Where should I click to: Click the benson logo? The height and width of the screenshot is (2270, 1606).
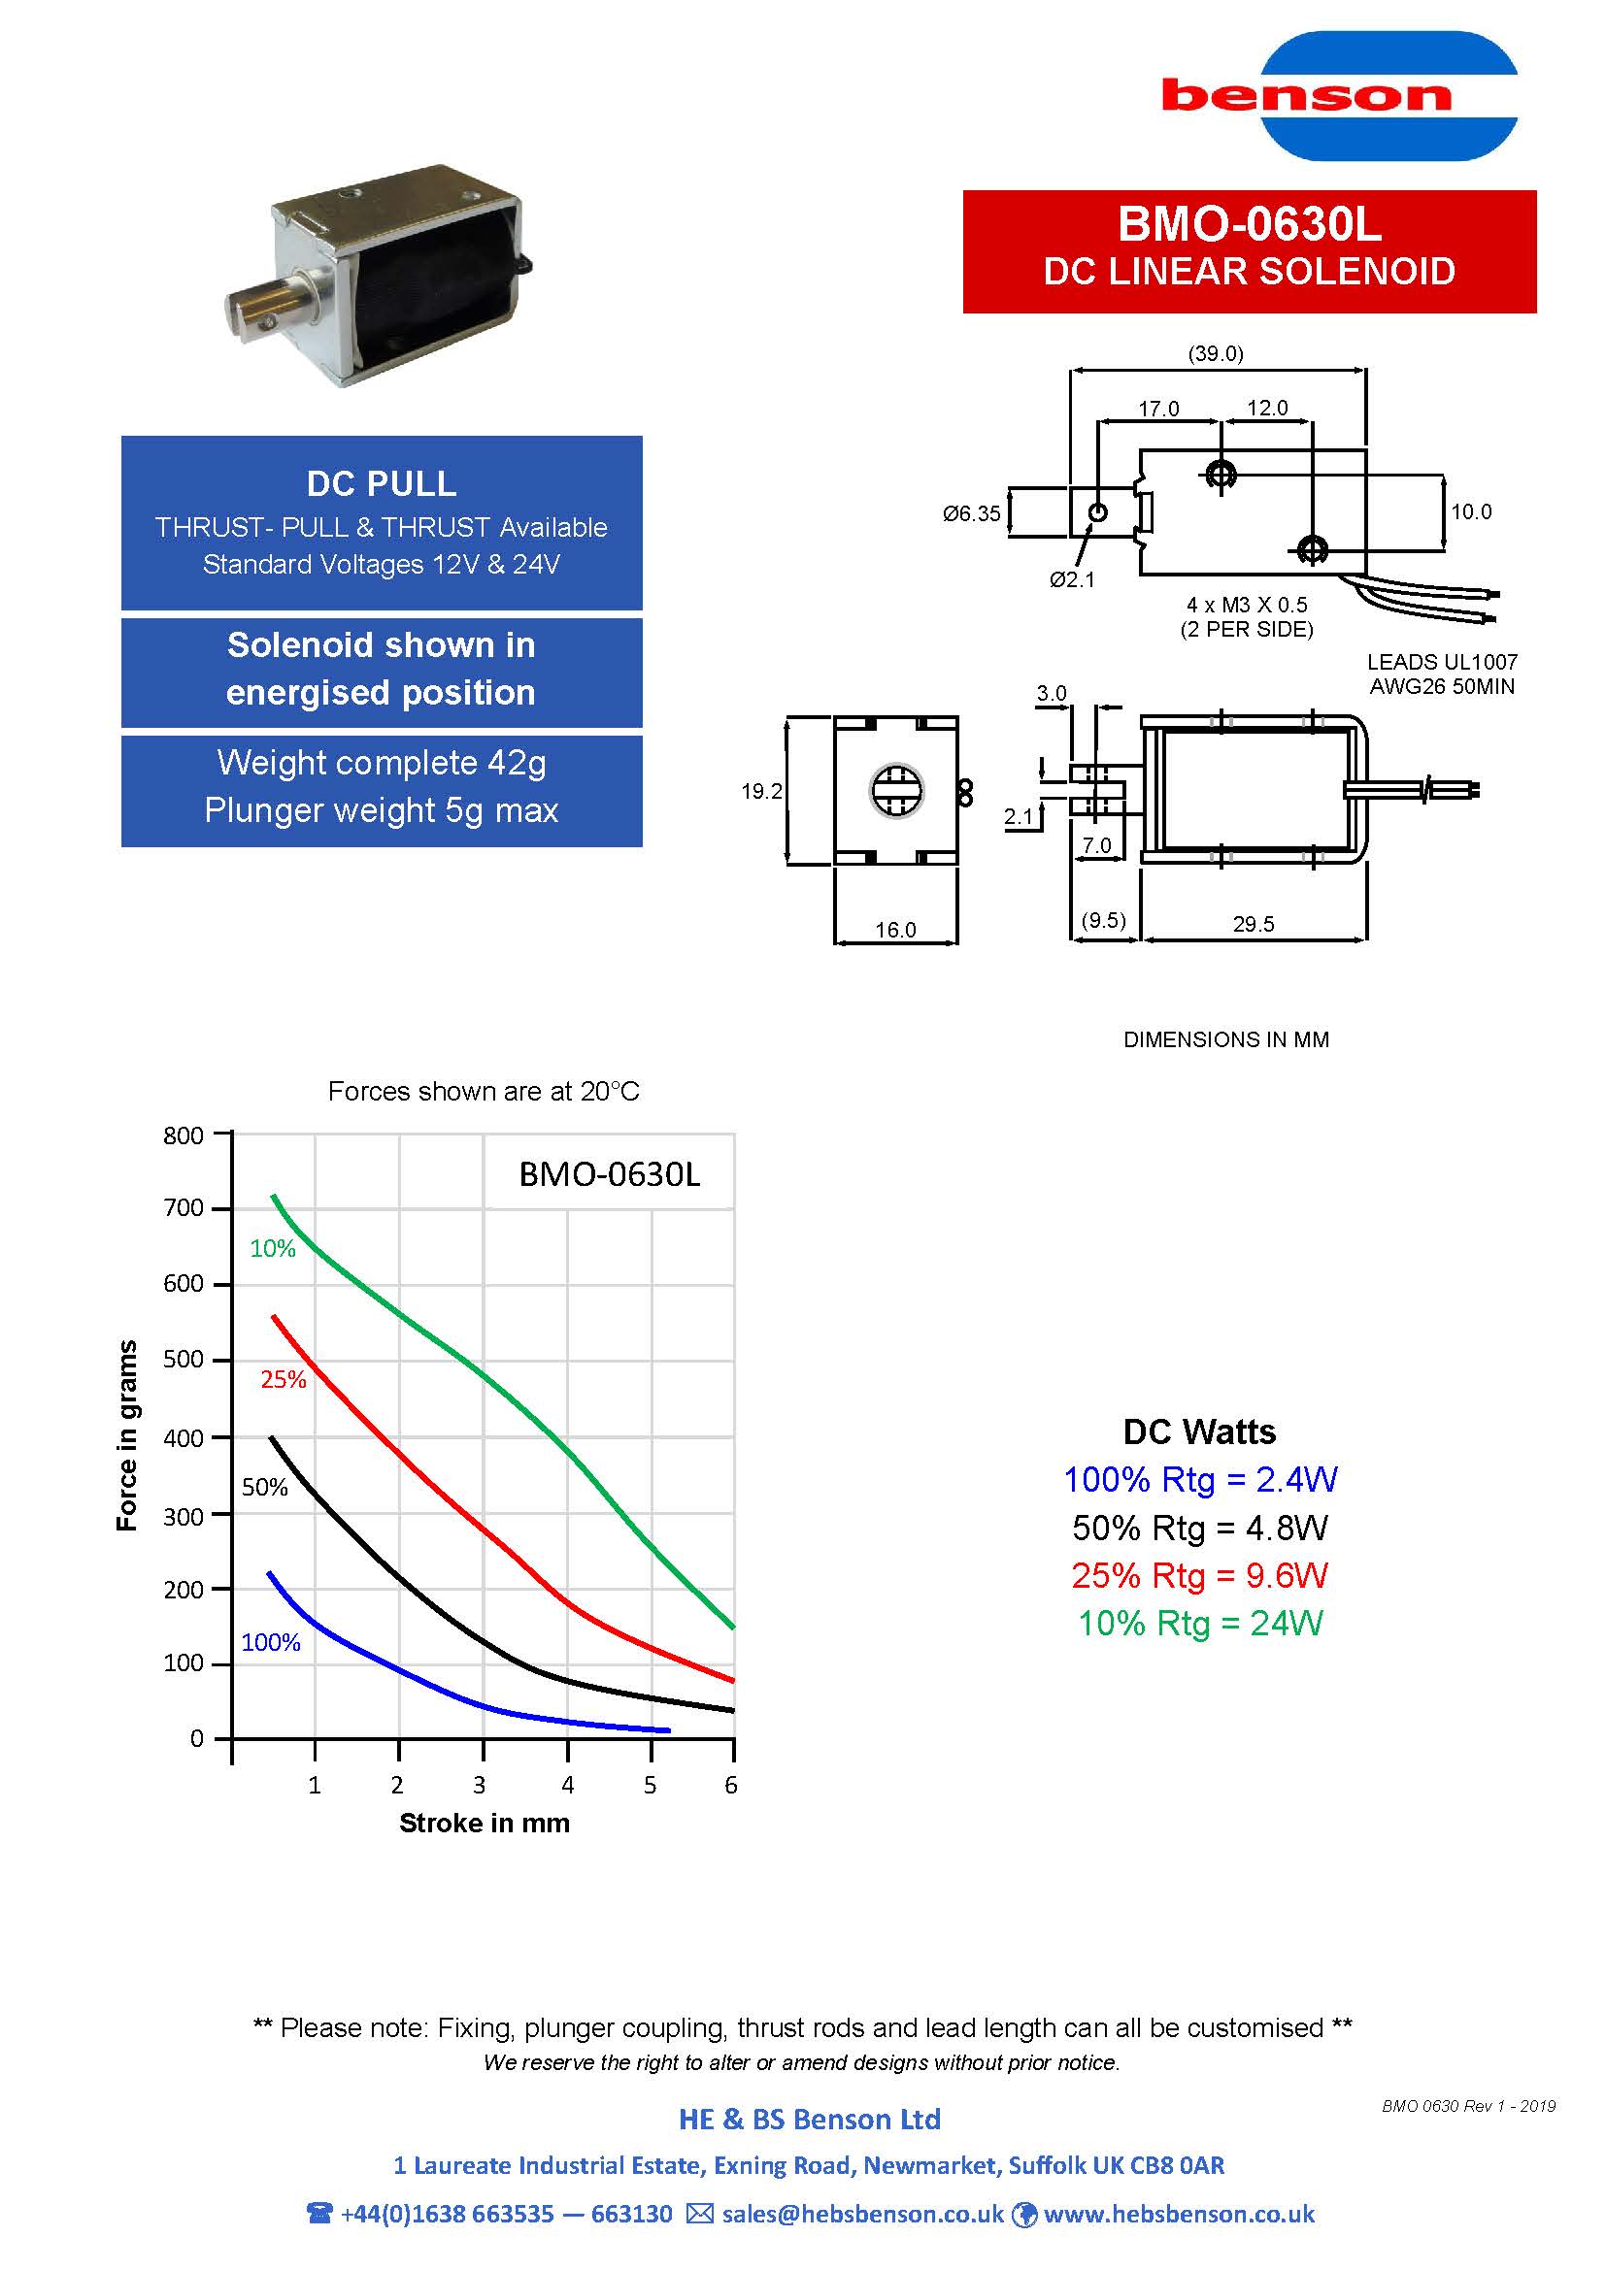click(1340, 96)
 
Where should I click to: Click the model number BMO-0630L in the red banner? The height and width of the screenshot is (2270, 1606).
click(1249, 224)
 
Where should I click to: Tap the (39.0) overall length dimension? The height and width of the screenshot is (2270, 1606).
click(1216, 354)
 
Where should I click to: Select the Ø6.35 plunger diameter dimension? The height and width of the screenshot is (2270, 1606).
click(971, 514)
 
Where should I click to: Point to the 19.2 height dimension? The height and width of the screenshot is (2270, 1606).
click(761, 791)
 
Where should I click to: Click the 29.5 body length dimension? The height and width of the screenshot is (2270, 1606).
click(1253, 925)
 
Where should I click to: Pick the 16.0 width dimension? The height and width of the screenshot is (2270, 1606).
click(896, 931)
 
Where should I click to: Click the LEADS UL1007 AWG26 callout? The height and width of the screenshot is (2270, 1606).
click(1442, 674)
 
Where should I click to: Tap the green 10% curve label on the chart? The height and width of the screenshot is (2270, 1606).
click(273, 1249)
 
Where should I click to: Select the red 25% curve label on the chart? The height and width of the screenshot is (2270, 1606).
click(283, 1380)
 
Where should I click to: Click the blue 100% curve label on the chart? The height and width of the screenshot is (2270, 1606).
click(271, 1643)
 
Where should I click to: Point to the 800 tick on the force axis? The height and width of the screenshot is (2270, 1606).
click(184, 1136)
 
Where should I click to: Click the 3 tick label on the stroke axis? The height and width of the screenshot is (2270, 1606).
click(480, 1785)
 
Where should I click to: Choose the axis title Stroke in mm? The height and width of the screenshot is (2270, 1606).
click(485, 1824)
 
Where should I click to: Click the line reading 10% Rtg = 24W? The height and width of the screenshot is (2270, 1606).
click(1199, 1624)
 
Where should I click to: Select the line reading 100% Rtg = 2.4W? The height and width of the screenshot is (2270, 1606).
click(1199, 1480)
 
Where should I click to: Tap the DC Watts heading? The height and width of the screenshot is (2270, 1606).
click(1199, 1431)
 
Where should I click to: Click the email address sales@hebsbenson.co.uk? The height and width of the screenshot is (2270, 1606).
click(862, 2214)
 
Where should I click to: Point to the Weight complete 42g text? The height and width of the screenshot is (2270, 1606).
click(382, 763)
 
